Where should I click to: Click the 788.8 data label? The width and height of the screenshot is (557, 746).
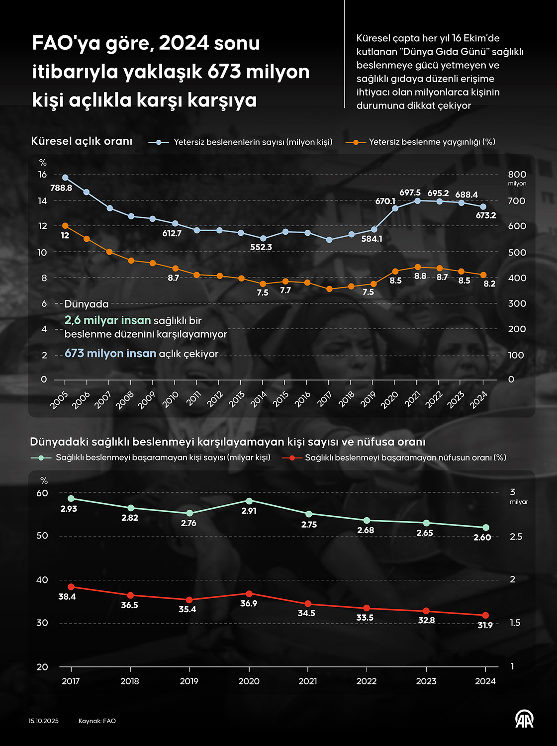(61, 188)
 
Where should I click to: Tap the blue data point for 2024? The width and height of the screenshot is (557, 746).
(483, 206)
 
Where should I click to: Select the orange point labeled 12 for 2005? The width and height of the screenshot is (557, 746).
(65, 226)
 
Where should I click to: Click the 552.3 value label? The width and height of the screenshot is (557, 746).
(261, 247)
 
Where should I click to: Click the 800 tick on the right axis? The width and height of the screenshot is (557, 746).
(517, 175)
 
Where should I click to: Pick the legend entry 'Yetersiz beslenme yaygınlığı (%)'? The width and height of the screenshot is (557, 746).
(432, 142)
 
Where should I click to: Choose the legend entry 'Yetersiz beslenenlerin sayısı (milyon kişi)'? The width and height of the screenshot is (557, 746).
(253, 142)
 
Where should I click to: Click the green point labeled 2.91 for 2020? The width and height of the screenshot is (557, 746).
(249, 501)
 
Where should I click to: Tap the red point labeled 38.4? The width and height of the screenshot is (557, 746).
(71, 587)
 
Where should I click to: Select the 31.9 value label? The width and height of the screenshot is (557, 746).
(485, 625)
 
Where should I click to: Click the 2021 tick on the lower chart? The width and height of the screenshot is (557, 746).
(308, 681)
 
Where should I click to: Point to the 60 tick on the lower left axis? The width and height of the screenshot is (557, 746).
(42, 493)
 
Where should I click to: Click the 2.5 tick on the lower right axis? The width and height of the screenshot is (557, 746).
(516, 537)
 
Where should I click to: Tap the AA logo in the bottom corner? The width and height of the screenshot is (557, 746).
(524, 719)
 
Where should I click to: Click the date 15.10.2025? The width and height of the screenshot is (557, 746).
(43, 721)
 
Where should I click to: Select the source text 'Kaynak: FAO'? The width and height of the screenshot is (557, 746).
(97, 721)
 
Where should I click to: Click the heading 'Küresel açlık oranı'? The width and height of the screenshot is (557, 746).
(82, 141)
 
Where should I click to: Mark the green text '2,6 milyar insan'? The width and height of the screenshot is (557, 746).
(107, 321)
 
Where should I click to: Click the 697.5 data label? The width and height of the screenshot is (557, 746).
(410, 192)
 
